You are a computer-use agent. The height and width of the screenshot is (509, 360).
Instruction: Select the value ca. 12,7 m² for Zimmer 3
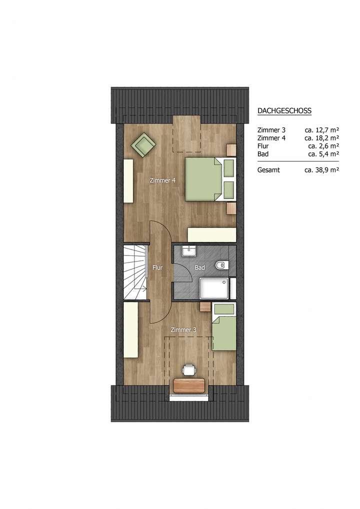pyautogui.click(x=322, y=129)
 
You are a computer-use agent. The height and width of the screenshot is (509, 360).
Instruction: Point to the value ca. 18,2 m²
pyautogui.click(x=322, y=137)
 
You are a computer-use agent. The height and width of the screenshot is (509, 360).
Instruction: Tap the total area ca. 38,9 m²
pyautogui.click(x=322, y=170)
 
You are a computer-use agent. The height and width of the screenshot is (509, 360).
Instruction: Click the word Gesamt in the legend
pyautogui.click(x=268, y=170)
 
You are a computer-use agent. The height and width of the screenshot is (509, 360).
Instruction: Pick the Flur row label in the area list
pyautogui.click(x=263, y=146)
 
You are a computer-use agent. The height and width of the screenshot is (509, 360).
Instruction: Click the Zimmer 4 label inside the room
pyautogui.click(x=162, y=180)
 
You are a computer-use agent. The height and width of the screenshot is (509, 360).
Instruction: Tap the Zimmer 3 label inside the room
pyautogui.click(x=183, y=330)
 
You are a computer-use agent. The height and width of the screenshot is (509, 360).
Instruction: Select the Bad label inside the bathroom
pyautogui.click(x=200, y=268)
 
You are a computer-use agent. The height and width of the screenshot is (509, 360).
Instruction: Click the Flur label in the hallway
pyautogui.click(x=157, y=268)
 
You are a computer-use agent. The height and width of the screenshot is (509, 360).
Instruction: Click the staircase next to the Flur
pyautogui.click(x=135, y=272)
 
